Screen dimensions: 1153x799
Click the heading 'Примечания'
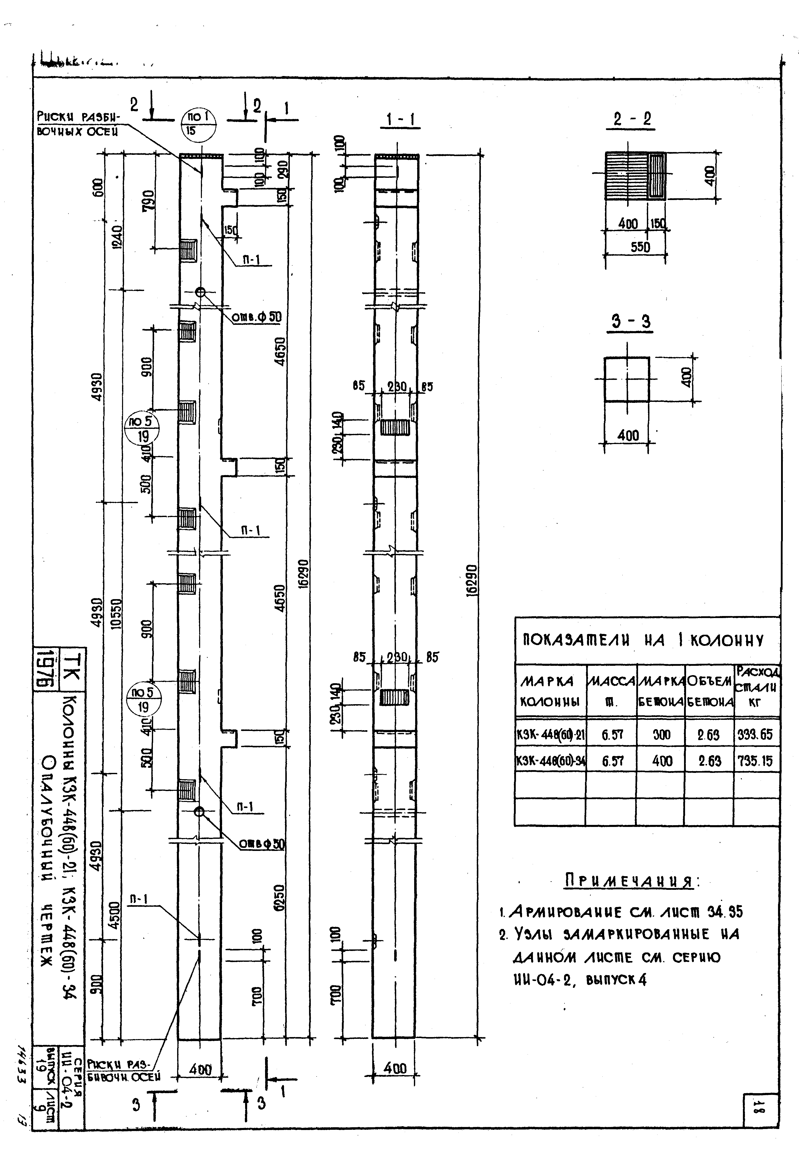[x=629, y=880]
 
